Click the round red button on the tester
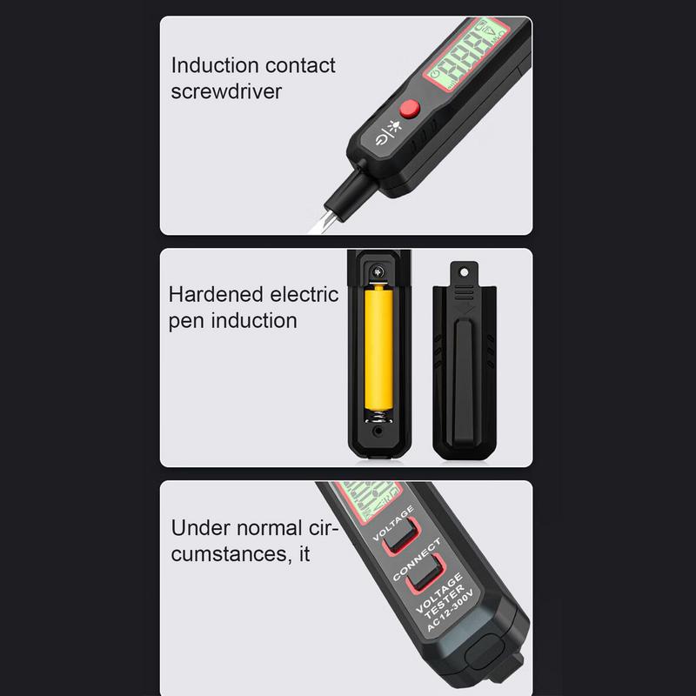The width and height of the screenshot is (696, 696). [x=409, y=109]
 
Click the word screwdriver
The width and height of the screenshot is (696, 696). [x=226, y=90]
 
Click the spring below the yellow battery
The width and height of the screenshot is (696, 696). [x=378, y=416]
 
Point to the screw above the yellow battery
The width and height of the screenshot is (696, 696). [x=378, y=272]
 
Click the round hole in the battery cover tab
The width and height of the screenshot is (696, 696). [x=464, y=269]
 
